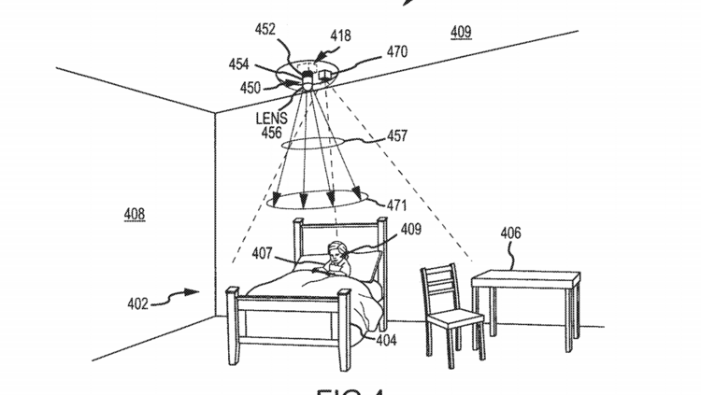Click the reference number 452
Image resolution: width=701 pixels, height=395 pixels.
265,29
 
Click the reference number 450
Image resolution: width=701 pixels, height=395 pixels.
250,88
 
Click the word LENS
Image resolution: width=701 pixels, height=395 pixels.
271,119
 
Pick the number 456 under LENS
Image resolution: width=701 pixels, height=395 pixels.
271,134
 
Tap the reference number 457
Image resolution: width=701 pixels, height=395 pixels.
396,136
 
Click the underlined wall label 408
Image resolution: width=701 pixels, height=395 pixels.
135,214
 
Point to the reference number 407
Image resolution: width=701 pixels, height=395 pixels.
264,251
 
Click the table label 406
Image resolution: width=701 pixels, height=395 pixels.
510,233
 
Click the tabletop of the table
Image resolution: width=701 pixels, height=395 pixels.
525,276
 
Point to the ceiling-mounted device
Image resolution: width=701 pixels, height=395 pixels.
308,74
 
